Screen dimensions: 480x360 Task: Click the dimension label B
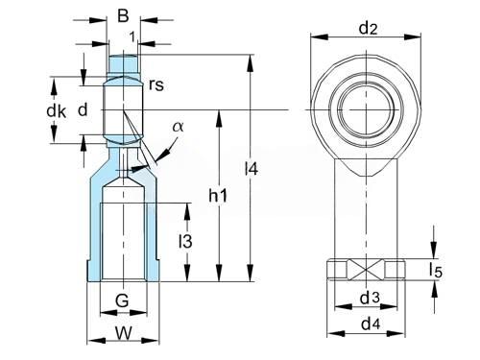(123, 15)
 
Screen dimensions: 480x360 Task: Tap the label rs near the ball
(156, 85)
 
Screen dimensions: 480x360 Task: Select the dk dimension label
(57, 111)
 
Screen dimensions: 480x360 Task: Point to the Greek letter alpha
(179, 127)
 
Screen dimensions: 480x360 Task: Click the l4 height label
(252, 168)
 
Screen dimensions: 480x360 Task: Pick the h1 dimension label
(218, 195)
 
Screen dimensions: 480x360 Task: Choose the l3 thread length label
(185, 241)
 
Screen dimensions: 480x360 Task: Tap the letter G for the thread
(122, 300)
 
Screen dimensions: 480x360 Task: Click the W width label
(123, 333)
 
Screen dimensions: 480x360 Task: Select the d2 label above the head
(368, 29)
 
